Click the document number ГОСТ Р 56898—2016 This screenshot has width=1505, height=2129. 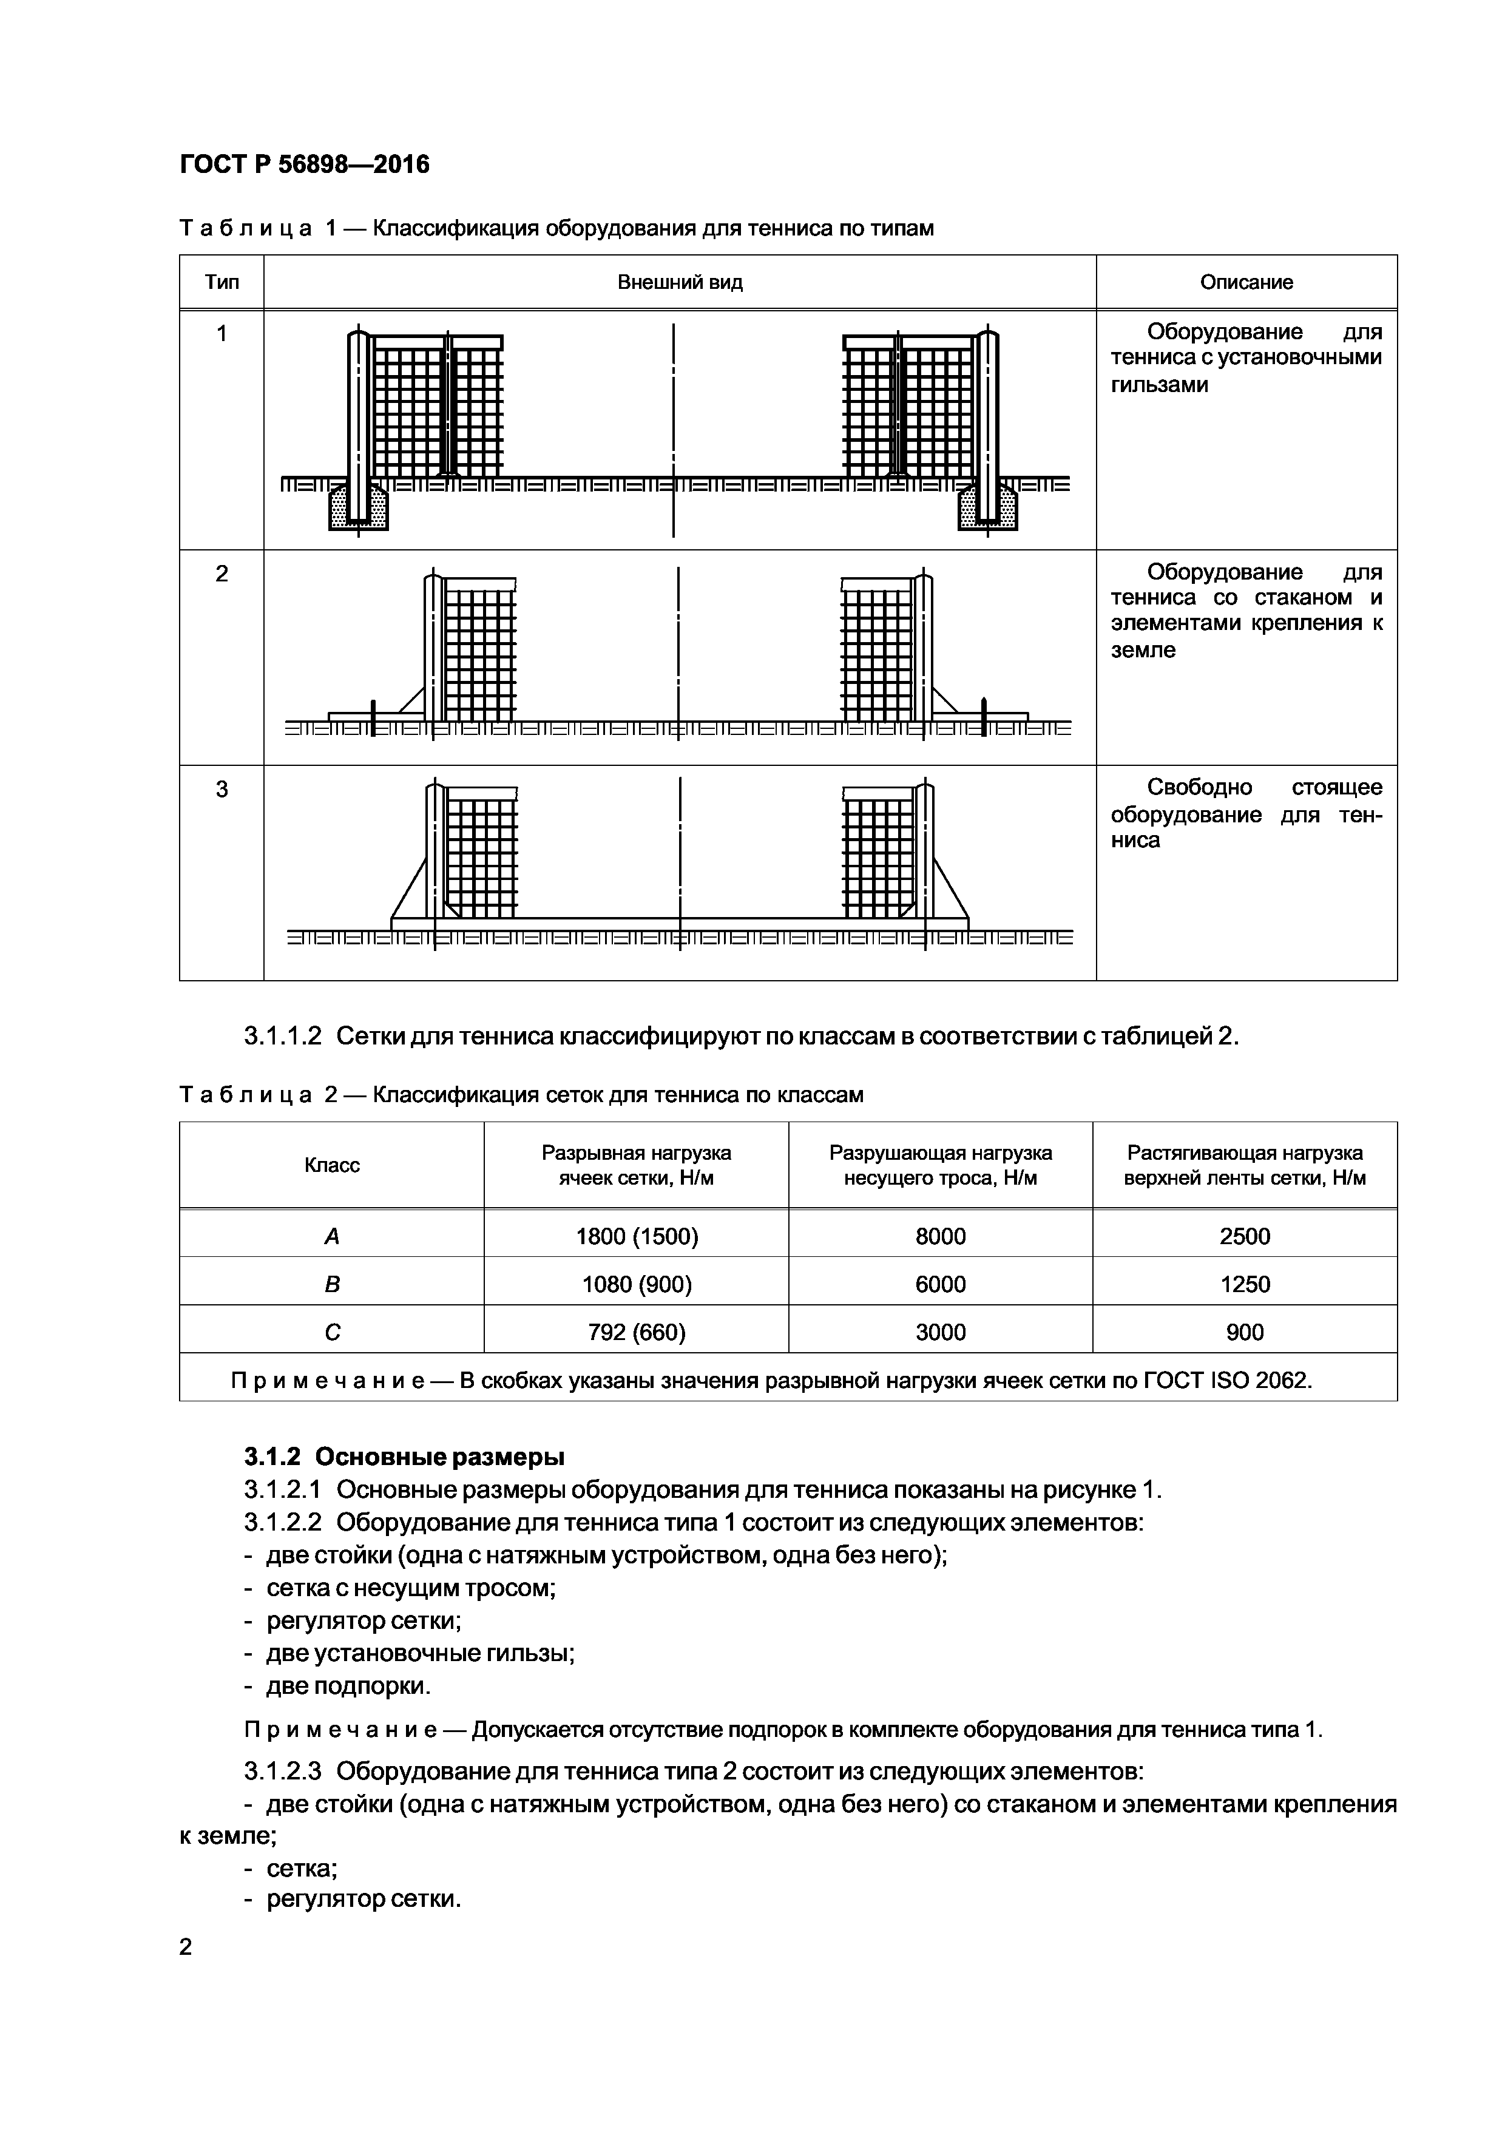[x=304, y=165]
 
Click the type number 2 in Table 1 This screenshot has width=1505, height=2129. [x=222, y=574]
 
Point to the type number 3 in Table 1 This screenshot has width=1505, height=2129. [x=222, y=789]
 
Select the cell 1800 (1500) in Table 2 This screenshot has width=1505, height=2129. [x=636, y=1236]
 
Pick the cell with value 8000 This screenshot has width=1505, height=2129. [x=940, y=1236]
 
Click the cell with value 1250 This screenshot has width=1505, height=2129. [x=1245, y=1284]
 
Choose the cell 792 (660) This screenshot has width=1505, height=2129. [x=636, y=1333]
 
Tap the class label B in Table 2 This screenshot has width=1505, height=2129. [x=332, y=1284]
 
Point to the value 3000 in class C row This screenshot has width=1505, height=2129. [x=940, y=1333]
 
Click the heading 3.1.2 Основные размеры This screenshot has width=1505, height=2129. [x=404, y=1457]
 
